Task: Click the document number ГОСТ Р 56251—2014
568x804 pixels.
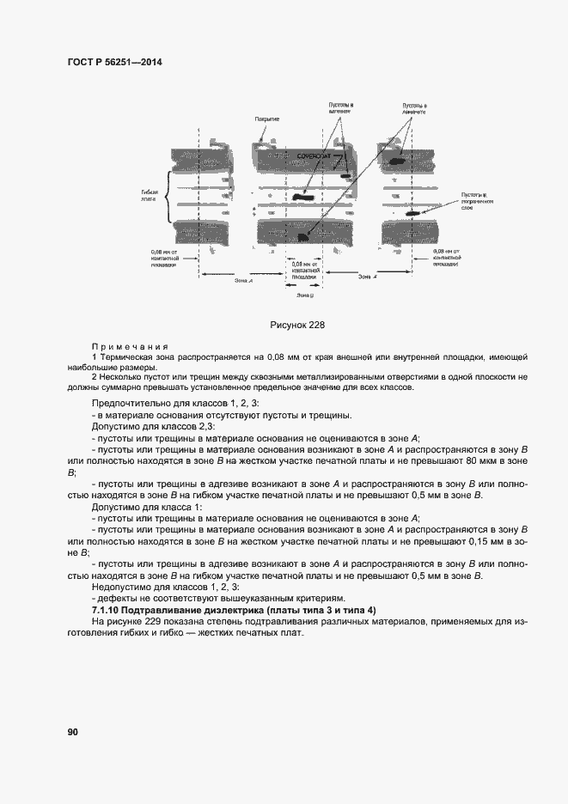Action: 114,63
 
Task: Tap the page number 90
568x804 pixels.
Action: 73,732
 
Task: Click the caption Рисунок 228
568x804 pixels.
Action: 296,325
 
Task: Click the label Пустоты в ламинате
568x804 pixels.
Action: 415,110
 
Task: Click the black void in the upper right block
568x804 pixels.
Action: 398,161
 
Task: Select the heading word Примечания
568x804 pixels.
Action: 122,344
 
